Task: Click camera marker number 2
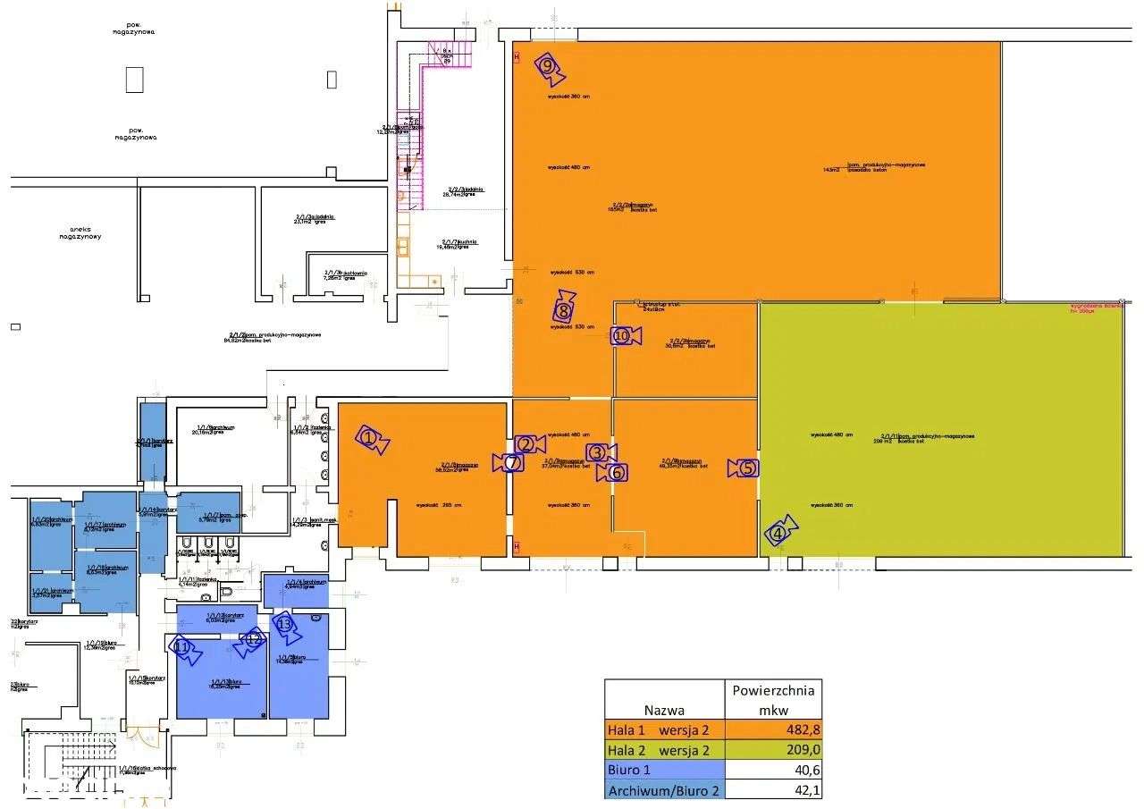(529, 444)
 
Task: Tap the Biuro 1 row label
(630, 770)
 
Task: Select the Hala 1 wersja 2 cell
(663, 730)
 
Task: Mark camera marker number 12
(251, 639)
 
